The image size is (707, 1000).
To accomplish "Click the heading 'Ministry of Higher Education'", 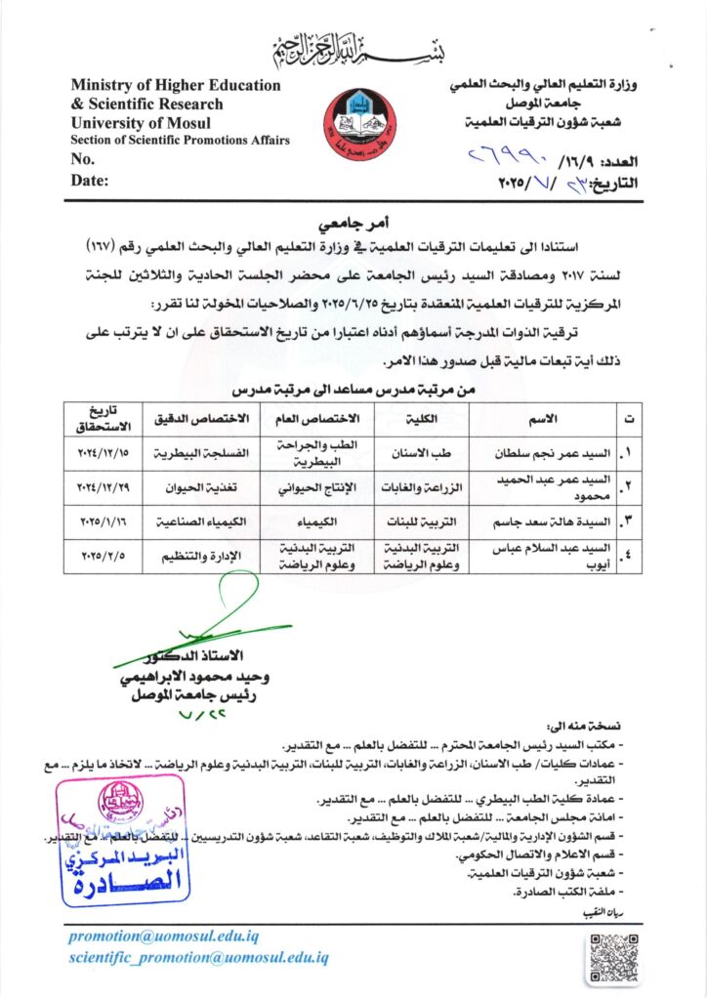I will click(x=176, y=85).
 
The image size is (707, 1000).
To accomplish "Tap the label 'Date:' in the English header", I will click(x=90, y=180).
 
